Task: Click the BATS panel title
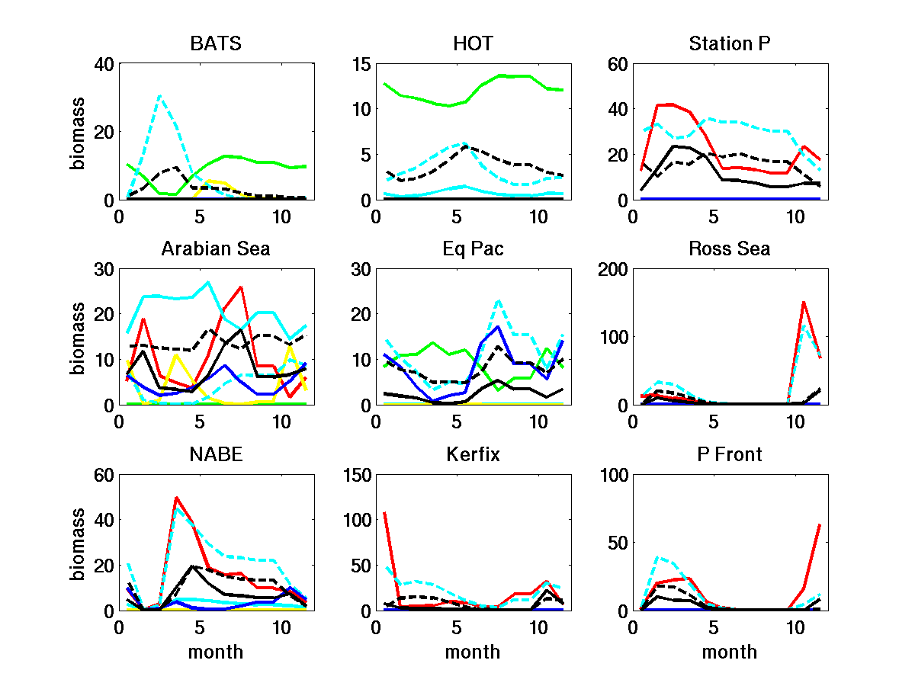216,43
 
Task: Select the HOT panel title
473,43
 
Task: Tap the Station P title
730,43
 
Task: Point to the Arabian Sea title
216,249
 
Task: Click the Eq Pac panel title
473,249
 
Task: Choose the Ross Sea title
730,249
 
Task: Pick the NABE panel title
216,455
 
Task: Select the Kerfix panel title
473,455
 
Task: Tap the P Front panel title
730,455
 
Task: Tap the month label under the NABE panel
216,652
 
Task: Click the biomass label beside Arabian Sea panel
78,337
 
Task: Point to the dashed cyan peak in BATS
159,96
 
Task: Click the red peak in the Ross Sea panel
804,302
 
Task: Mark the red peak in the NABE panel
176,498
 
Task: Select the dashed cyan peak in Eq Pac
498,300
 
